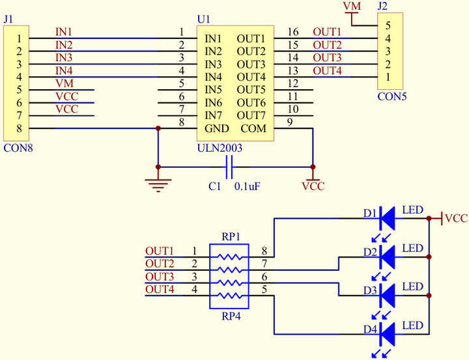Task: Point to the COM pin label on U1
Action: [x=254, y=129]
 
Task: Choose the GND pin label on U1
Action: [x=216, y=129]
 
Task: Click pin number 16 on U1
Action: [x=292, y=31]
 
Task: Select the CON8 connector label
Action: [x=18, y=148]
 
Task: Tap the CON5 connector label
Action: [x=391, y=96]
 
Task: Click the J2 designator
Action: [x=383, y=8]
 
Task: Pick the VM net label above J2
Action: [x=352, y=7]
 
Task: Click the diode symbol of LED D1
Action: [x=388, y=218]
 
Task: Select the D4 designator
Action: [x=370, y=330]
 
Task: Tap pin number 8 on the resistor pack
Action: [x=264, y=251]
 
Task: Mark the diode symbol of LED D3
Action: [x=388, y=294]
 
